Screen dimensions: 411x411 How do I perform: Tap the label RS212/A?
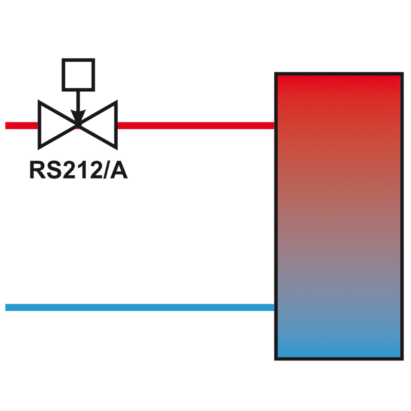point(78,171)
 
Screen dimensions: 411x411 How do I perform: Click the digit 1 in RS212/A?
point(81,171)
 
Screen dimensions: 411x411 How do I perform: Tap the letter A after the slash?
point(119,171)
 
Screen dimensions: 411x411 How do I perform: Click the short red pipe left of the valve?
point(22,126)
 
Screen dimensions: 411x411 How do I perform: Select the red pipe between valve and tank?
point(196,126)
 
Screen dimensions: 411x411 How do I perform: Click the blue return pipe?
point(140,307)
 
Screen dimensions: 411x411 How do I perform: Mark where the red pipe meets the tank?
point(274,126)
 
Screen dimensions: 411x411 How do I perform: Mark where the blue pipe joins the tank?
point(274,307)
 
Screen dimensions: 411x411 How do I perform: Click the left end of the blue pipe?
point(5,307)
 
